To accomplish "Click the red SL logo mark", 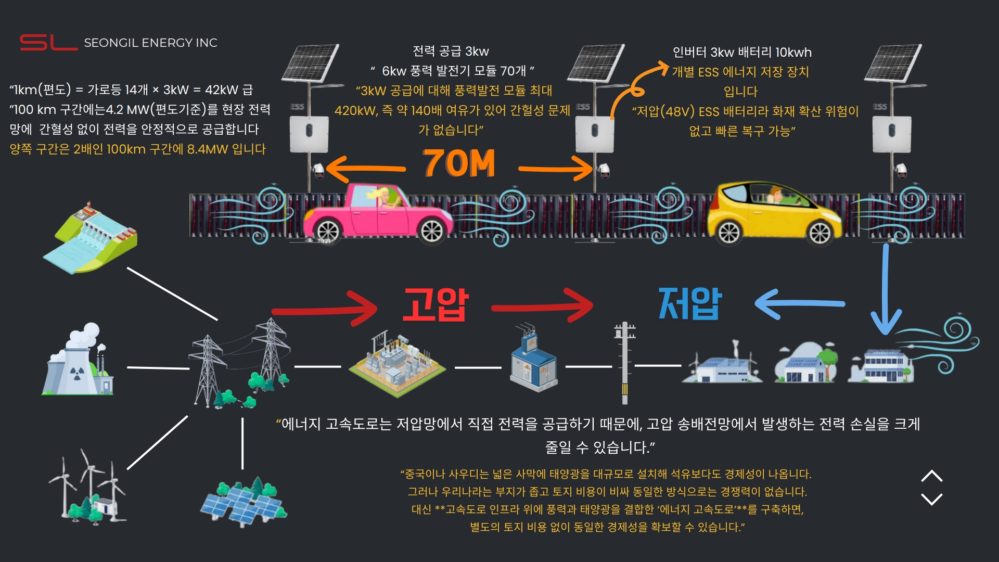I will [x=48, y=42].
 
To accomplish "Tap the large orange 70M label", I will [x=459, y=164].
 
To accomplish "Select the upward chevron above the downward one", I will [x=931, y=476].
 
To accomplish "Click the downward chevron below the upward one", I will [x=931, y=499].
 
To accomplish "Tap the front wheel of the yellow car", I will [x=820, y=233].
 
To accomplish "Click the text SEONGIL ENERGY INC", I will [x=151, y=43].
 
